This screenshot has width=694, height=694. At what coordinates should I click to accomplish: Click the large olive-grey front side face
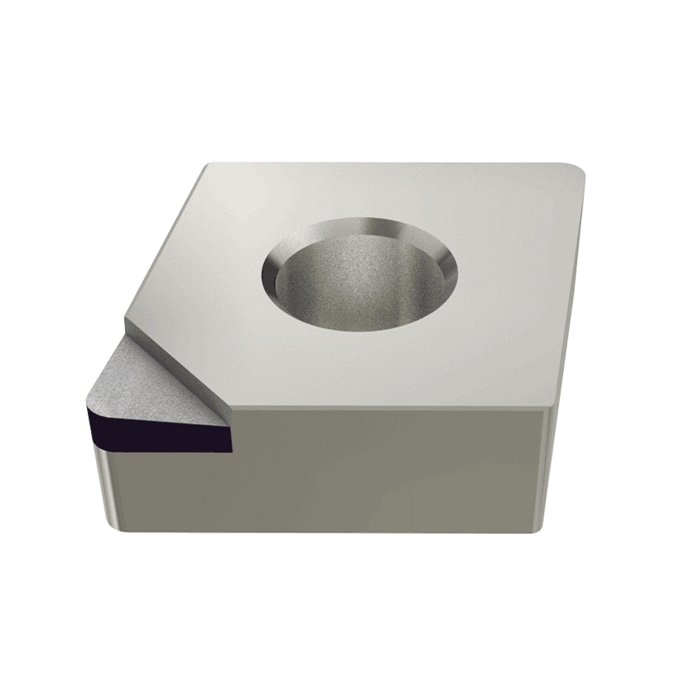[x=382, y=471]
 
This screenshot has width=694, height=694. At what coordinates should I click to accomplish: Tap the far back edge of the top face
[x=390, y=163]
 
